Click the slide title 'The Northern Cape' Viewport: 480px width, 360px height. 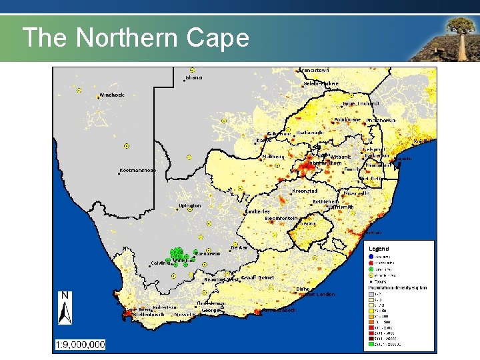click(135, 38)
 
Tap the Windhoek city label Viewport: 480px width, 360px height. click(112, 95)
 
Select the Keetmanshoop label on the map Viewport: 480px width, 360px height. click(138, 170)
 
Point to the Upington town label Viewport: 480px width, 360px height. click(190, 206)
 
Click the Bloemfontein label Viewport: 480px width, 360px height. click(281, 219)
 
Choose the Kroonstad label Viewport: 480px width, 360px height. click(305, 191)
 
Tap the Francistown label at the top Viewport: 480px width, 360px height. click(314, 70)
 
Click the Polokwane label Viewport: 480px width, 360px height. click(347, 120)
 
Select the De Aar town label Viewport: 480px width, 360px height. click(239, 247)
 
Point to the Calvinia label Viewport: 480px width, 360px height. click(162, 263)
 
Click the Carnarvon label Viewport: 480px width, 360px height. click(207, 253)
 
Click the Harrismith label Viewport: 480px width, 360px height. click(341, 207)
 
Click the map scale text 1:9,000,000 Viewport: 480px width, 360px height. click(80, 345)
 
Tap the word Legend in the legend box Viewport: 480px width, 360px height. click(379, 249)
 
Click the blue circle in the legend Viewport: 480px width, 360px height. click(371, 257)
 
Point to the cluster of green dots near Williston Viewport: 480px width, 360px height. click(178, 255)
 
